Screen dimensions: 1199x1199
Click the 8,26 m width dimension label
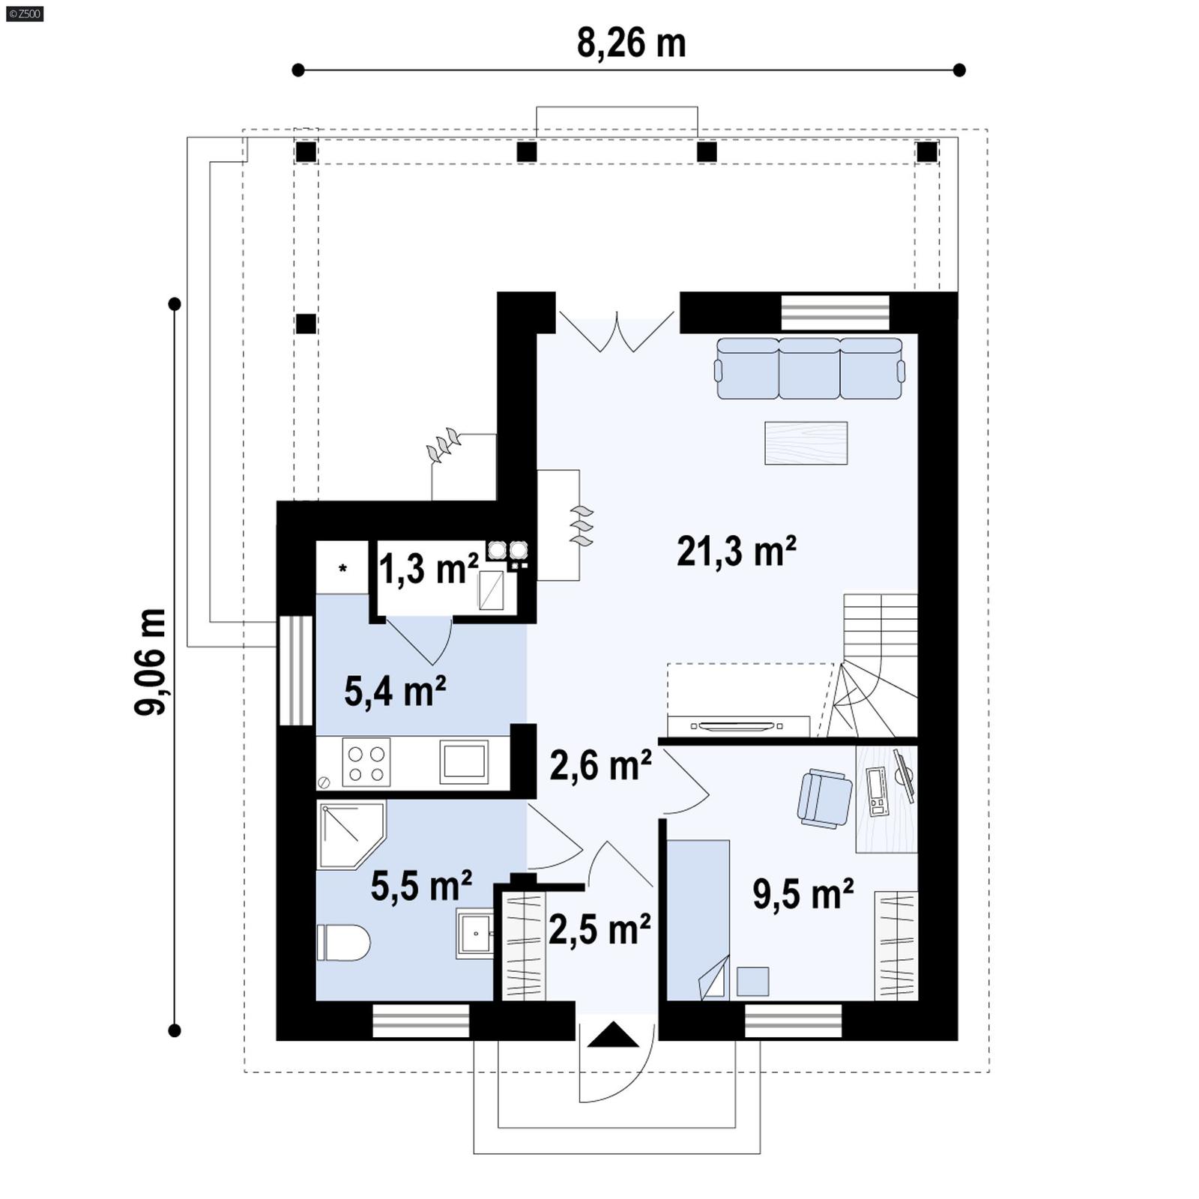[x=631, y=43]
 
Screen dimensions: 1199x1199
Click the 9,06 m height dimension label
[x=151, y=662]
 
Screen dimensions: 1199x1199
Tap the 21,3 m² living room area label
[x=736, y=552]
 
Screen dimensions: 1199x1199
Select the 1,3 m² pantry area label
[x=428, y=570]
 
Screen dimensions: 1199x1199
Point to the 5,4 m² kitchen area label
[x=395, y=691]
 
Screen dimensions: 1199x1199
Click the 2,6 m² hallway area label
[x=600, y=766]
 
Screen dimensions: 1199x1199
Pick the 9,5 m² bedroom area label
[x=803, y=894]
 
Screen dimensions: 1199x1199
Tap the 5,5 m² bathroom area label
[x=421, y=887]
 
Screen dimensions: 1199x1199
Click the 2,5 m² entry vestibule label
[x=599, y=930]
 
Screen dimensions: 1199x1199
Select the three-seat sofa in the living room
[x=809, y=368]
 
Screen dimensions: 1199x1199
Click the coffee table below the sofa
[x=806, y=443]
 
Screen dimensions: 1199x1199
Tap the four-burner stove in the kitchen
[x=366, y=762]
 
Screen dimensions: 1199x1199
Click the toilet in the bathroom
[x=344, y=942]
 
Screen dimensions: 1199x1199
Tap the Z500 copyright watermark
[x=24, y=13]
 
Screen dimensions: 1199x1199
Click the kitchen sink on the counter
[x=464, y=761]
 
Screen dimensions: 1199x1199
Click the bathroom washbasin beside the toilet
[x=474, y=933]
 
